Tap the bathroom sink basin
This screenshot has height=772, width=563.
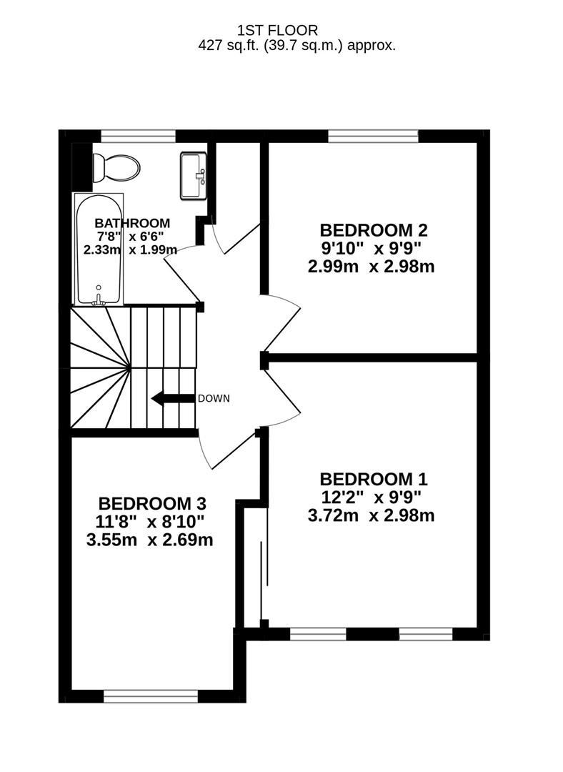(193, 175)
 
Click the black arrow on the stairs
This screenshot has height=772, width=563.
(172, 399)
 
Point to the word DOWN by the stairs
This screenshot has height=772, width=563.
(214, 399)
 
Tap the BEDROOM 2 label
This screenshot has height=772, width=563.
(373, 230)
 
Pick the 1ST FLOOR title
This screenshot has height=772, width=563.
(277, 30)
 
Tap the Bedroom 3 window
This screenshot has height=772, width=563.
(151, 694)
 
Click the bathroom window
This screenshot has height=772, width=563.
(138, 136)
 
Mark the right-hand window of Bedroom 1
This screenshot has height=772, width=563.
(426, 633)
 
